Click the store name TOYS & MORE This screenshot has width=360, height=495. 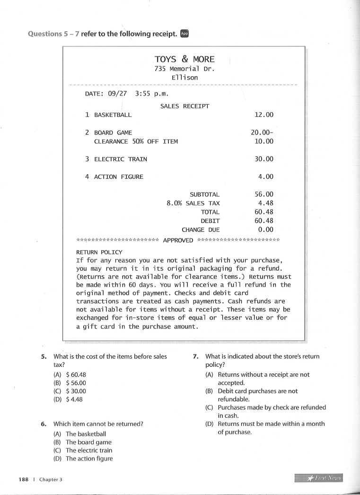pos(184,59)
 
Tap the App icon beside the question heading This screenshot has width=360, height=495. pos(184,34)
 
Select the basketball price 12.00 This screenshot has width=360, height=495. pos(264,115)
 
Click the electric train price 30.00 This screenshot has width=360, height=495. pos(264,159)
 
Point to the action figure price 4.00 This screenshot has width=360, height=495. pos(266,177)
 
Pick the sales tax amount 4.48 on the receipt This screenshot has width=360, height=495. pos(266,203)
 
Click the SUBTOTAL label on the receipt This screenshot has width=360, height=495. pos(204,194)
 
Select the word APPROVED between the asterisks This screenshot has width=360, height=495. pos(178,240)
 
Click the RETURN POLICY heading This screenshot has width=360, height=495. pos(99,252)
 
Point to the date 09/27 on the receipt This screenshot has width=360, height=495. pos(118,93)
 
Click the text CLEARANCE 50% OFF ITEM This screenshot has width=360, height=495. pos(136,141)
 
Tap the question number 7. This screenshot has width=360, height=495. pos(196,356)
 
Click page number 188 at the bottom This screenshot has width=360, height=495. pos(24,479)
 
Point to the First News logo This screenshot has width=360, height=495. pos(318,478)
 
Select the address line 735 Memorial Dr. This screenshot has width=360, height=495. pos(184,69)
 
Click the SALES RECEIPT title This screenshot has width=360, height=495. pos(184,106)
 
